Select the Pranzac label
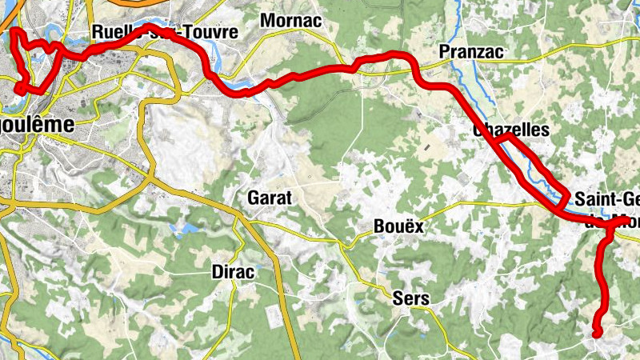471,52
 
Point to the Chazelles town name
511,130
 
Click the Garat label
271,197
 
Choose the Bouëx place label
398,226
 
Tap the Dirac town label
233,272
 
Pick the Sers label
411,299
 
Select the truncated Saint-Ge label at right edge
606,199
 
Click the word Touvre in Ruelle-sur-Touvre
210,33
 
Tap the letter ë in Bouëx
402,226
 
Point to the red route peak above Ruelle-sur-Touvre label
150,27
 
